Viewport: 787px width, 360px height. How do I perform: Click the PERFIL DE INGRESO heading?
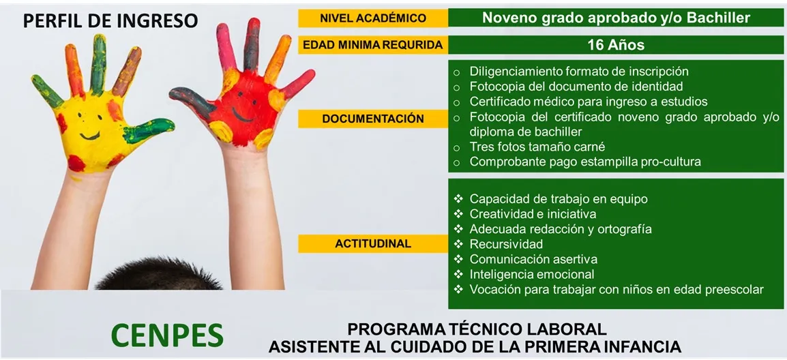pyautogui.click(x=110, y=20)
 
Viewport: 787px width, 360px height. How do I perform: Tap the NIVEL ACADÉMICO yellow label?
pyautogui.click(x=373, y=18)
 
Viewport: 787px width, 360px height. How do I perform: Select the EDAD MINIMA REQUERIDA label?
pyautogui.click(x=373, y=45)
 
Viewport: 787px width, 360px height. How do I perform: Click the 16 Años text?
pyautogui.click(x=616, y=45)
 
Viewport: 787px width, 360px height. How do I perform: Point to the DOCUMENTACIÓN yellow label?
pyautogui.click(x=373, y=119)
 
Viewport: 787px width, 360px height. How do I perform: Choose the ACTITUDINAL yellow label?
pyautogui.click(x=373, y=244)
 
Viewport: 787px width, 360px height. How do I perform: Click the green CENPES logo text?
pyautogui.click(x=167, y=335)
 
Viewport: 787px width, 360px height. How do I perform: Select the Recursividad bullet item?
pyautogui.click(x=507, y=244)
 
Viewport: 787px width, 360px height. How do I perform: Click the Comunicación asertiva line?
pyautogui.click(x=533, y=260)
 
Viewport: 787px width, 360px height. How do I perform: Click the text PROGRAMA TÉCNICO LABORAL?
pyautogui.click(x=477, y=329)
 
